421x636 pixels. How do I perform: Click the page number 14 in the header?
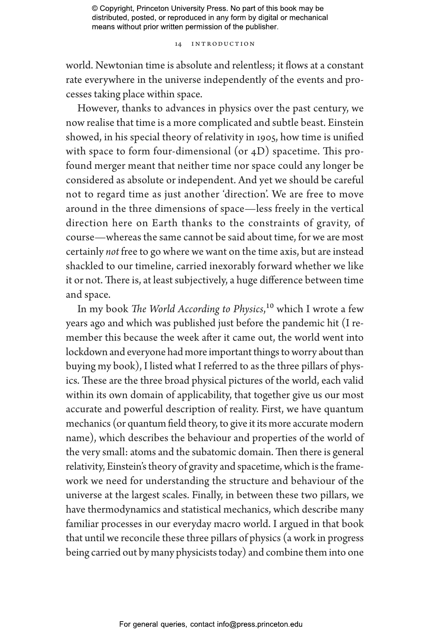tap(178, 44)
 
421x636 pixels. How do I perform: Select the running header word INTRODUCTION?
tap(223, 44)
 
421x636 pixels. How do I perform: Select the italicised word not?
tap(112, 252)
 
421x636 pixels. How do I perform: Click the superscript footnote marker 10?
tap(270, 306)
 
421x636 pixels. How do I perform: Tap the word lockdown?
tap(87, 352)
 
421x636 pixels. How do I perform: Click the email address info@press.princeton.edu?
tap(259, 624)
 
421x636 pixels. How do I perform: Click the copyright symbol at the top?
tap(95, 9)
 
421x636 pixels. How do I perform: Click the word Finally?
tap(207, 495)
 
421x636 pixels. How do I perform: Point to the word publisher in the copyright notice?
tap(261, 26)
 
